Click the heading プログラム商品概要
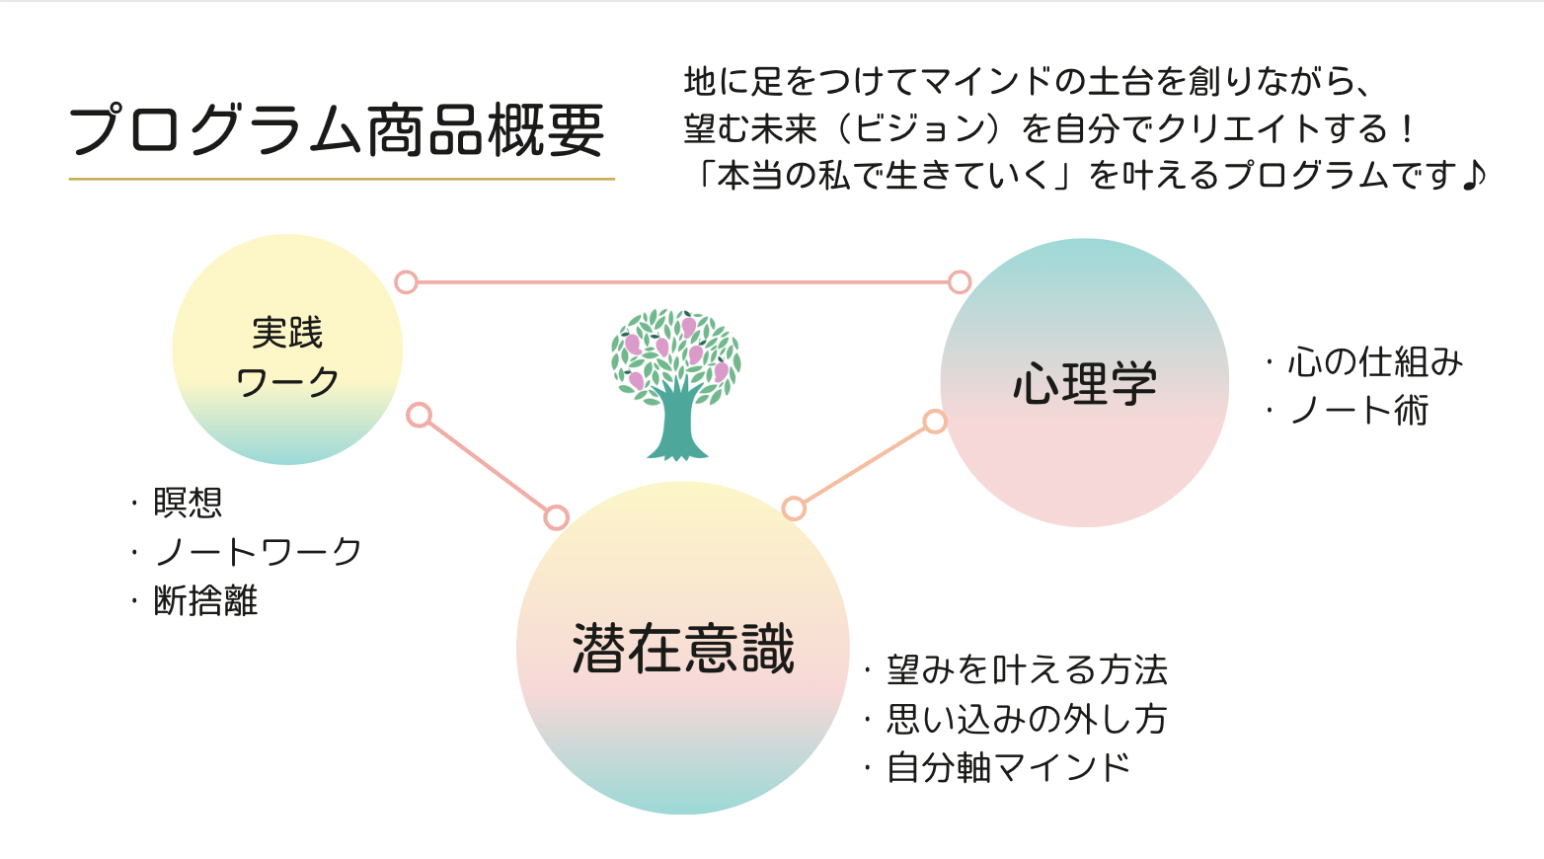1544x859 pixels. tap(337, 129)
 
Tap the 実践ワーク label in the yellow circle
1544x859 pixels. tap(287, 357)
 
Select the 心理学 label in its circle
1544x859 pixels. tap(1084, 383)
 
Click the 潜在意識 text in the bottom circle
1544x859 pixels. tap(683, 648)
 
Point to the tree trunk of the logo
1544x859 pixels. tap(676, 424)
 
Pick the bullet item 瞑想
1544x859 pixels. tap(188, 502)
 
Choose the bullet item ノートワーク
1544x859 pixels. tap(258, 552)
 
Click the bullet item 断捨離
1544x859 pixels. tap(205, 600)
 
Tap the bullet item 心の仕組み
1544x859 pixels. tap(1375, 362)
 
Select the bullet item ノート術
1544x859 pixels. tap(1358, 411)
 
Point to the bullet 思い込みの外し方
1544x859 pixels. tap(1027, 719)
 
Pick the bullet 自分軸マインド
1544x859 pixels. tap(1008, 768)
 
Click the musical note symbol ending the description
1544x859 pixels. tap(1473, 175)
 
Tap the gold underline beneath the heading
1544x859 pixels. tap(342, 180)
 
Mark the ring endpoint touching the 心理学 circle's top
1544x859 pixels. tap(960, 282)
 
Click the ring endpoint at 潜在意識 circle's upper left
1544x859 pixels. tap(556, 517)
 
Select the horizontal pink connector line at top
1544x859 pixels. tap(682, 282)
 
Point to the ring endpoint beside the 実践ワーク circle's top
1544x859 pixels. tap(407, 282)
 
